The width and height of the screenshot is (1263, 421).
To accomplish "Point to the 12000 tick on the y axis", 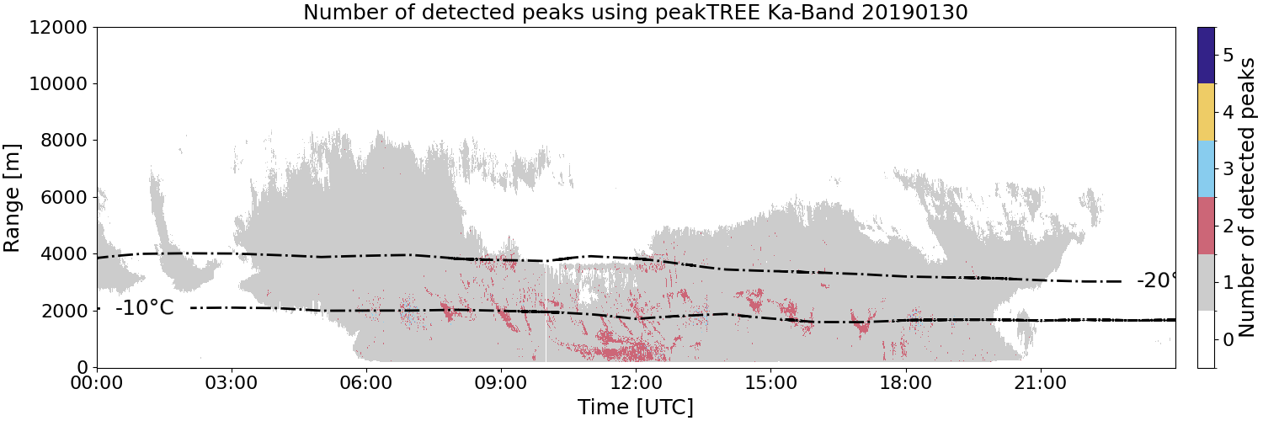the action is (x=58, y=27).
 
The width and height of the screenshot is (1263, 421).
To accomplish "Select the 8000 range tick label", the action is (x=64, y=141).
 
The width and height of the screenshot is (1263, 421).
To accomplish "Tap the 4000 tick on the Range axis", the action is (x=64, y=254).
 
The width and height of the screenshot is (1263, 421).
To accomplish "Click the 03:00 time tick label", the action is (x=232, y=383).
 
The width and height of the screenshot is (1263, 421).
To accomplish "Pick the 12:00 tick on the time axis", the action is (x=636, y=383).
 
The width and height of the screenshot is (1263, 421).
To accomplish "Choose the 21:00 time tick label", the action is (x=1040, y=383).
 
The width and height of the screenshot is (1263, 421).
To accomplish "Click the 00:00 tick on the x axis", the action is (x=97, y=383).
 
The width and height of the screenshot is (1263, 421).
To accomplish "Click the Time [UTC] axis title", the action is (x=636, y=407).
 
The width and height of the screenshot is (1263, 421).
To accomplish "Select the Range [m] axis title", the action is (x=11, y=198).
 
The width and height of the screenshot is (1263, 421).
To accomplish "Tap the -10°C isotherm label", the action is (x=144, y=307).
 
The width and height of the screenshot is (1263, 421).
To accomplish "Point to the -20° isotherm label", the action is (x=1156, y=280).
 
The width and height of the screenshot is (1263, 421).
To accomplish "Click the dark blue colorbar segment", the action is (x=1207, y=56).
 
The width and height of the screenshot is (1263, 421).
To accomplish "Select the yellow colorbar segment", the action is (x=1207, y=112).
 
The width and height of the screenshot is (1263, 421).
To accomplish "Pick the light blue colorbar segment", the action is (x=1207, y=169).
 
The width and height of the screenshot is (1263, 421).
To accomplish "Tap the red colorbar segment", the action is (x=1207, y=226).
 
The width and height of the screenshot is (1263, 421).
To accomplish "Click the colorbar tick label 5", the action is (x=1228, y=56).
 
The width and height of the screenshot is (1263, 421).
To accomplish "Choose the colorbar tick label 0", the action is (x=1228, y=339).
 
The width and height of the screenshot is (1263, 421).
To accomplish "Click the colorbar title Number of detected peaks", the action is (x=1248, y=198).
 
